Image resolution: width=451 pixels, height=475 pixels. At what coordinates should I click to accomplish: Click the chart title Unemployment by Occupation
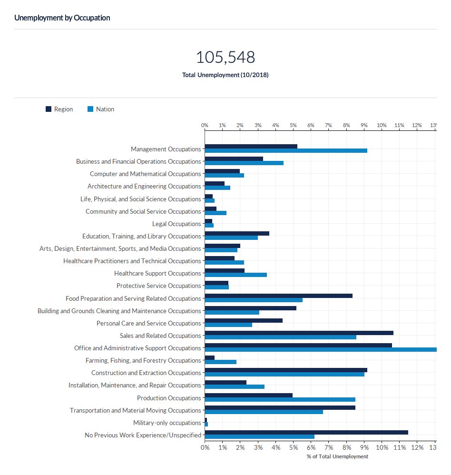coord(62,18)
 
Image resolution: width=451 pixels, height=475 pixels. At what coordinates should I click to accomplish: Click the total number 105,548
coord(225,58)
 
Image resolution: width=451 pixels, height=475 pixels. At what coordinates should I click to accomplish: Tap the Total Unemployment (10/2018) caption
coord(225,75)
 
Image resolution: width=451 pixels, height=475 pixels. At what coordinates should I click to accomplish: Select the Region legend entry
coord(59,109)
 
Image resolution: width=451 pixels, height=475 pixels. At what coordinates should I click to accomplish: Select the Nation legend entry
coord(101,109)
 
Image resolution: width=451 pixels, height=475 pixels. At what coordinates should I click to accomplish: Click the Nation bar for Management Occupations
coord(285,150)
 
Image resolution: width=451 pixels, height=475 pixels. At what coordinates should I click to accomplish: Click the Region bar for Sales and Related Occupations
coord(299,333)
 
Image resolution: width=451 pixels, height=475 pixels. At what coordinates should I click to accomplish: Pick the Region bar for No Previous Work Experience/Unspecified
coord(306,432)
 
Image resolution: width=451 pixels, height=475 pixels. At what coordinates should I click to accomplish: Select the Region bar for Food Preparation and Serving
coord(278,296)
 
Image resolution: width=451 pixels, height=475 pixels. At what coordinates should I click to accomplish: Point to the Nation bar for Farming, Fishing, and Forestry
coord(220,362)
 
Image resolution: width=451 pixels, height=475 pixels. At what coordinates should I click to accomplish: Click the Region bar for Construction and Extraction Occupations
coord(285,370)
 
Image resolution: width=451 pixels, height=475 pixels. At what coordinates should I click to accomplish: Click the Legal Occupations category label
coord(176,224)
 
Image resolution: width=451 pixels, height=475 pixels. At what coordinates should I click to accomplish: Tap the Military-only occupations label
coord(167,423)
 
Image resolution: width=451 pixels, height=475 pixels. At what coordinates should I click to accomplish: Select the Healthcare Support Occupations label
coord(157,274)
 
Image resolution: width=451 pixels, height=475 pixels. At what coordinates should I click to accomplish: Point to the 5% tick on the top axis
coord(293,125)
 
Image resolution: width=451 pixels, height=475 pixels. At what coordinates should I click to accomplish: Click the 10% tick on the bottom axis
coord(382,448)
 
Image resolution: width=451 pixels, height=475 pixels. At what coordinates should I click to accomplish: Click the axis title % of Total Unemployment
coord(337,457)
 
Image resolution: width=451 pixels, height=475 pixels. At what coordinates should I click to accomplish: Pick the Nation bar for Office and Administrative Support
coord(320,350)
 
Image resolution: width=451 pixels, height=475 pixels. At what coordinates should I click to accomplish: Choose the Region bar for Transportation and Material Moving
coord(280,407)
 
